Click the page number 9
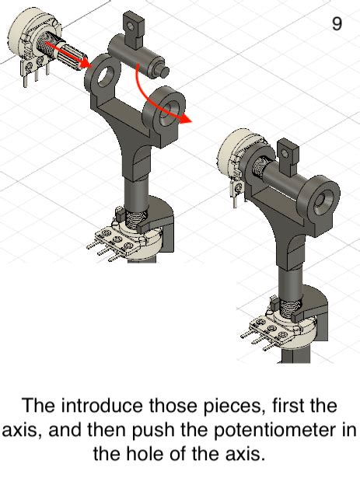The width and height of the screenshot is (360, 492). click(337, 24)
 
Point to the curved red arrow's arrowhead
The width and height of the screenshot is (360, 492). click(183, 118)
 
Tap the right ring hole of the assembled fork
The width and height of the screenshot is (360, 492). click(320, 199)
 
